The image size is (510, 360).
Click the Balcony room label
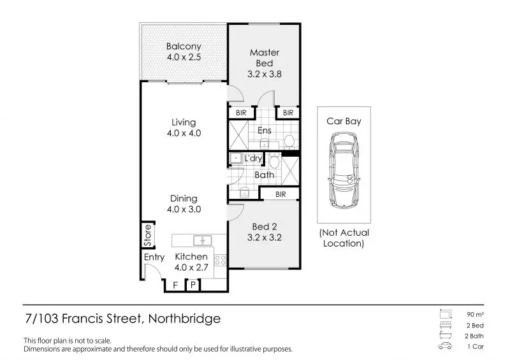[184, 46]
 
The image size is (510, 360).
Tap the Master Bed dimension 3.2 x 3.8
[265, 74]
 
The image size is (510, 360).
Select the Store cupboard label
[148, 235]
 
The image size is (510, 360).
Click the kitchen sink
[202, 241]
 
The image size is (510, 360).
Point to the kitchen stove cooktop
[220, 261]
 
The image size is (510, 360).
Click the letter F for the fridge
[175, 285]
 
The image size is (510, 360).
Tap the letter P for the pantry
[193, 285]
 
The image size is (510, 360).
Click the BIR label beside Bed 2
[280, 194]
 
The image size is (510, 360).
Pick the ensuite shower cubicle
[238, 134]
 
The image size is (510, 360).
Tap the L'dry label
[253, 158]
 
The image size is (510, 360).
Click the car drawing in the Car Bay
[344, 170]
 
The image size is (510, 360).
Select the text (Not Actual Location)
[344, 238]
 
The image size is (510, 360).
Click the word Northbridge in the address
[184, 318]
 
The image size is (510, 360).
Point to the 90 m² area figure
[475, 315]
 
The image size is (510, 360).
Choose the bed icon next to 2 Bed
[445, 325]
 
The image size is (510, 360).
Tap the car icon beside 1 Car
[445, 346]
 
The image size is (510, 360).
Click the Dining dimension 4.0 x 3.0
[184, 209]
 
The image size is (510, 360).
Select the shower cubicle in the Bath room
[290, 171]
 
